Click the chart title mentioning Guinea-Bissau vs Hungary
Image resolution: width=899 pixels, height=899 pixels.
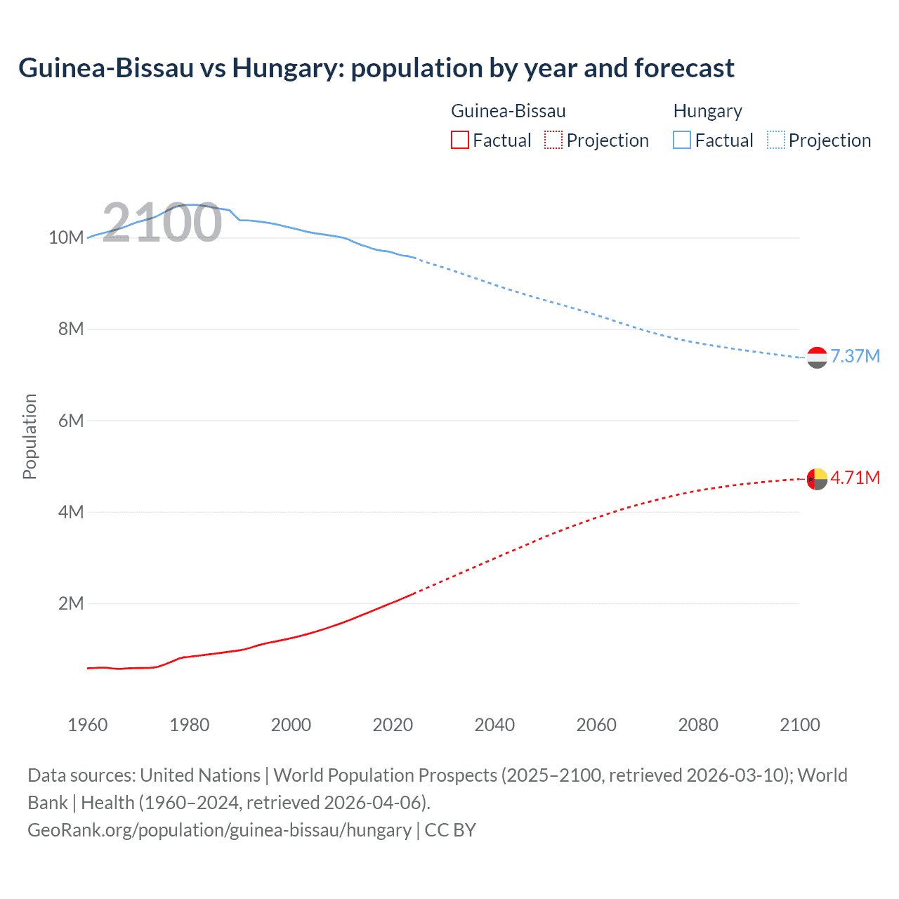coord(376,68)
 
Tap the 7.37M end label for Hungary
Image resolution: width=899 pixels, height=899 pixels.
coord(855,356)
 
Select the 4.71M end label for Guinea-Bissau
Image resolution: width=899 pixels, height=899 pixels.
coord(855,478)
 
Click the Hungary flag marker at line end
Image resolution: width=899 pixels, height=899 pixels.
coord(817,357)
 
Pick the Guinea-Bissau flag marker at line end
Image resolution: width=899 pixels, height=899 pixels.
coord(817,479)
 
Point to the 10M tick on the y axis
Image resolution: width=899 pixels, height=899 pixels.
coord(66,237)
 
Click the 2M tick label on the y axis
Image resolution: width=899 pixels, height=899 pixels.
coord(70,603)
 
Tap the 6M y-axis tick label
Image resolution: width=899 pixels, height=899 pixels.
coord(70,421)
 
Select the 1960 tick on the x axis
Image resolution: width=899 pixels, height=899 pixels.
coord(88,725)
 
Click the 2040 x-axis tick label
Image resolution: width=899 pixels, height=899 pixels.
coord(494,725)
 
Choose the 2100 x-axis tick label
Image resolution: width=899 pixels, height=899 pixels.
coord(799,725)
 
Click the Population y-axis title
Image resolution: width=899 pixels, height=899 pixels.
coord(29,436)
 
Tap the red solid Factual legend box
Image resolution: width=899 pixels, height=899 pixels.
coord(459,140)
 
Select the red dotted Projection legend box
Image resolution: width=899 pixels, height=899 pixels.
coord(553,140)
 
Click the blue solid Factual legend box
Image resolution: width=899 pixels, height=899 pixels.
coord(681,140)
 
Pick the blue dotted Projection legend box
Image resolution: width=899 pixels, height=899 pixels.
coord(775,140)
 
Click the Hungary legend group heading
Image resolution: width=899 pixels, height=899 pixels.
coord(707,111)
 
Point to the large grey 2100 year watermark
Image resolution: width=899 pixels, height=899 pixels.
coord(162,223)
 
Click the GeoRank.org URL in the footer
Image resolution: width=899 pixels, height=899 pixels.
coord(219,829)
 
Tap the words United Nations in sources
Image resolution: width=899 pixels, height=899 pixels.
coord(200,775)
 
